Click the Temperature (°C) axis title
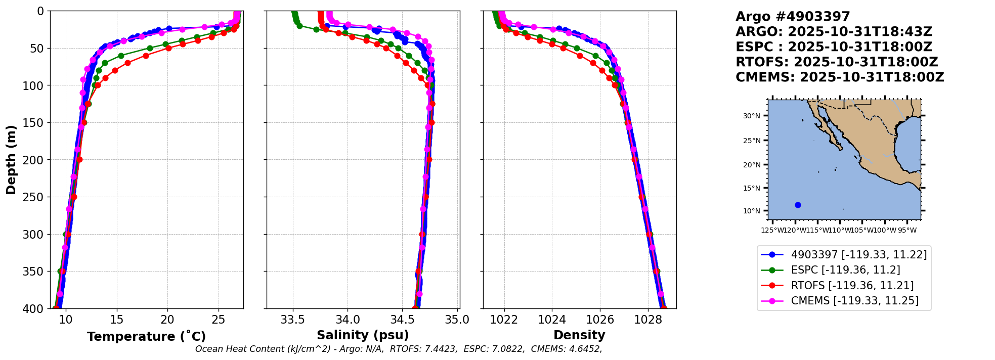pos(146,337)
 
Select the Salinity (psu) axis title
pos(363,335)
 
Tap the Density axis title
pos(579,335)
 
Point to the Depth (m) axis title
pos(11,160)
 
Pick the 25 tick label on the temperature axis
pos(219,320)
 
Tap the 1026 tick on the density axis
pos(600,320)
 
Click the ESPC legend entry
pos(845,270)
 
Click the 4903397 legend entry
pos(858,255)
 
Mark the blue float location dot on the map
pos(798,205)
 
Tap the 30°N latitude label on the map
pos(751,116)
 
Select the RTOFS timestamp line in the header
pos(837,62)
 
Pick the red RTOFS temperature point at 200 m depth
pos(79,160)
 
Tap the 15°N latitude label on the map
pos(751,188)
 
